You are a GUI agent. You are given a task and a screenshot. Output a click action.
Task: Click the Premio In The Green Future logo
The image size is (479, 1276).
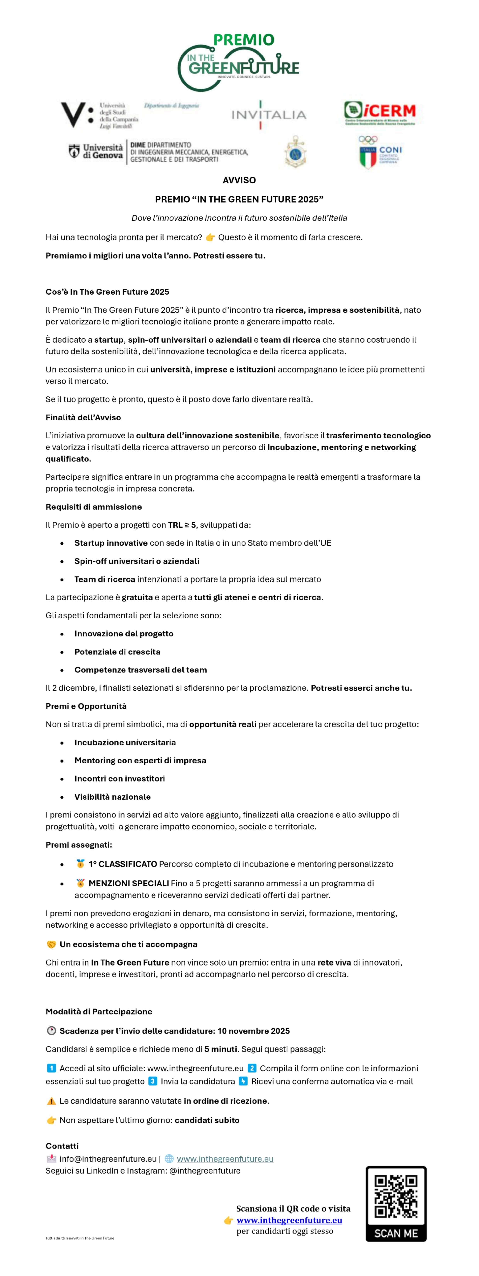239,62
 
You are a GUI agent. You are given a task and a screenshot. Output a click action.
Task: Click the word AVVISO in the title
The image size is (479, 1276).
239,180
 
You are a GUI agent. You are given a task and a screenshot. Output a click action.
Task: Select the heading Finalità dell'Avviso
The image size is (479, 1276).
83,418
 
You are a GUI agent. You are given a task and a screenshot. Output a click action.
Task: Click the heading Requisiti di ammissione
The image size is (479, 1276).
93,507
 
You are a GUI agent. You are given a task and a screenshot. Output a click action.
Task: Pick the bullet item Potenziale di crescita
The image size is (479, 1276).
117,652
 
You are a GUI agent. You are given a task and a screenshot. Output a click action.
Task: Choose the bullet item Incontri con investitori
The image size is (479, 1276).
120,779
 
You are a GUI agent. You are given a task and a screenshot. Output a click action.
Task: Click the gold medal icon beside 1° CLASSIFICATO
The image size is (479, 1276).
80,864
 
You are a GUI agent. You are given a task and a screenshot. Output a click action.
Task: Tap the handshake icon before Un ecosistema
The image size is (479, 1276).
52,945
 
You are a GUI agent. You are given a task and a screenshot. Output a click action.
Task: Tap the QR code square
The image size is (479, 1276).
396,1196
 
